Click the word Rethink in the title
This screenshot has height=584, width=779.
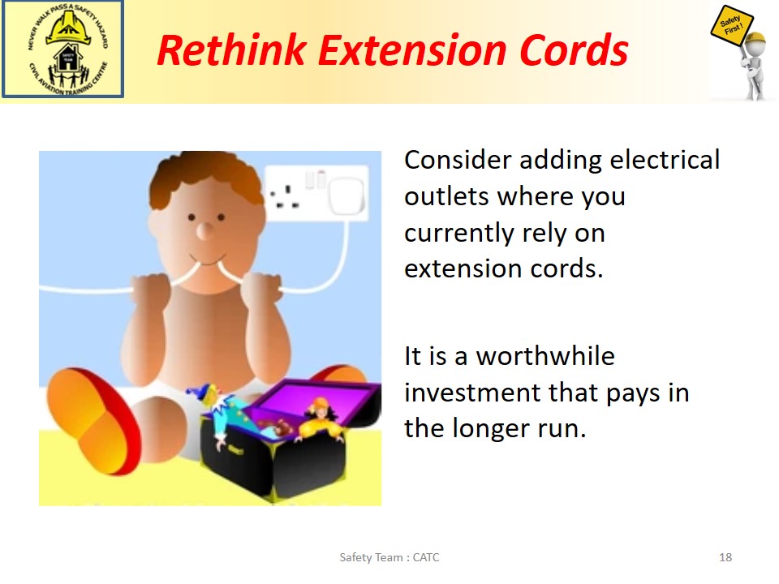point(231,50)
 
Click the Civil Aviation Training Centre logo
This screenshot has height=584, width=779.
point(62,49)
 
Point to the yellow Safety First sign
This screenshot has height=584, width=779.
point(731,26)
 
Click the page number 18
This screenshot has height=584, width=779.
point(725,557)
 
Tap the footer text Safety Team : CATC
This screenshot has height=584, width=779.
point(389,557)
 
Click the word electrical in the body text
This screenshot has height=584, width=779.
point(665,160)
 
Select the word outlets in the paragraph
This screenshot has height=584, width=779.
point(447,196)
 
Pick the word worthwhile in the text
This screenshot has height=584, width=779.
point(545,356)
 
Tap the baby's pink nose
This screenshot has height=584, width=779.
point(204,230)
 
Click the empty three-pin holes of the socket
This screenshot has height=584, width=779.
point(285,197)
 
